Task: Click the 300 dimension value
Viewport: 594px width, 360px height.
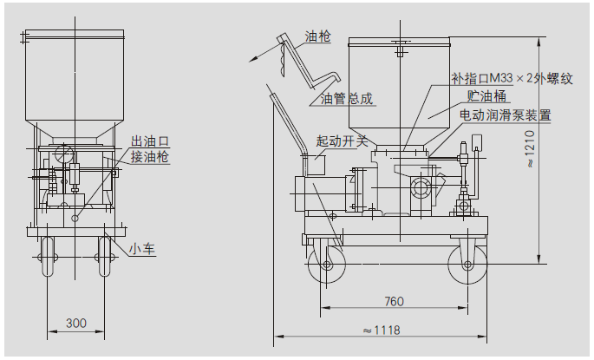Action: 76,323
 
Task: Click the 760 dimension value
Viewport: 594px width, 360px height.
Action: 394,302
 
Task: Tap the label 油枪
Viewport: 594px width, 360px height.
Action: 317,37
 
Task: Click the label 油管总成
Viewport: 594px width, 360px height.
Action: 347,99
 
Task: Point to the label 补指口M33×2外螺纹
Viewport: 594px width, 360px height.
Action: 512,78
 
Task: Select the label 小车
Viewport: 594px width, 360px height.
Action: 142,249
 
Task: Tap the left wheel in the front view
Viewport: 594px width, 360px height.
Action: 48,256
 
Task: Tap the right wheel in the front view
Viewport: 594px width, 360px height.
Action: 106,256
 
